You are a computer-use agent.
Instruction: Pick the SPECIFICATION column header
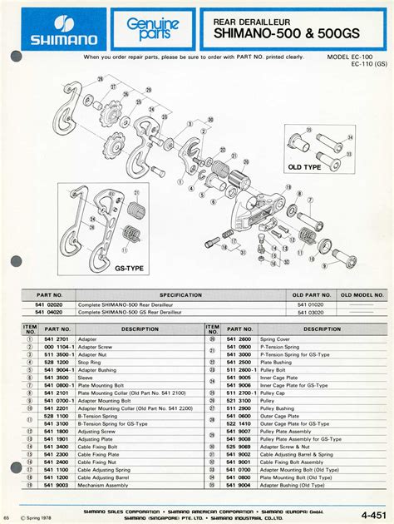(x=181, y=295)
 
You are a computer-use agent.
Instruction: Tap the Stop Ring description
(x=91, y=363)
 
